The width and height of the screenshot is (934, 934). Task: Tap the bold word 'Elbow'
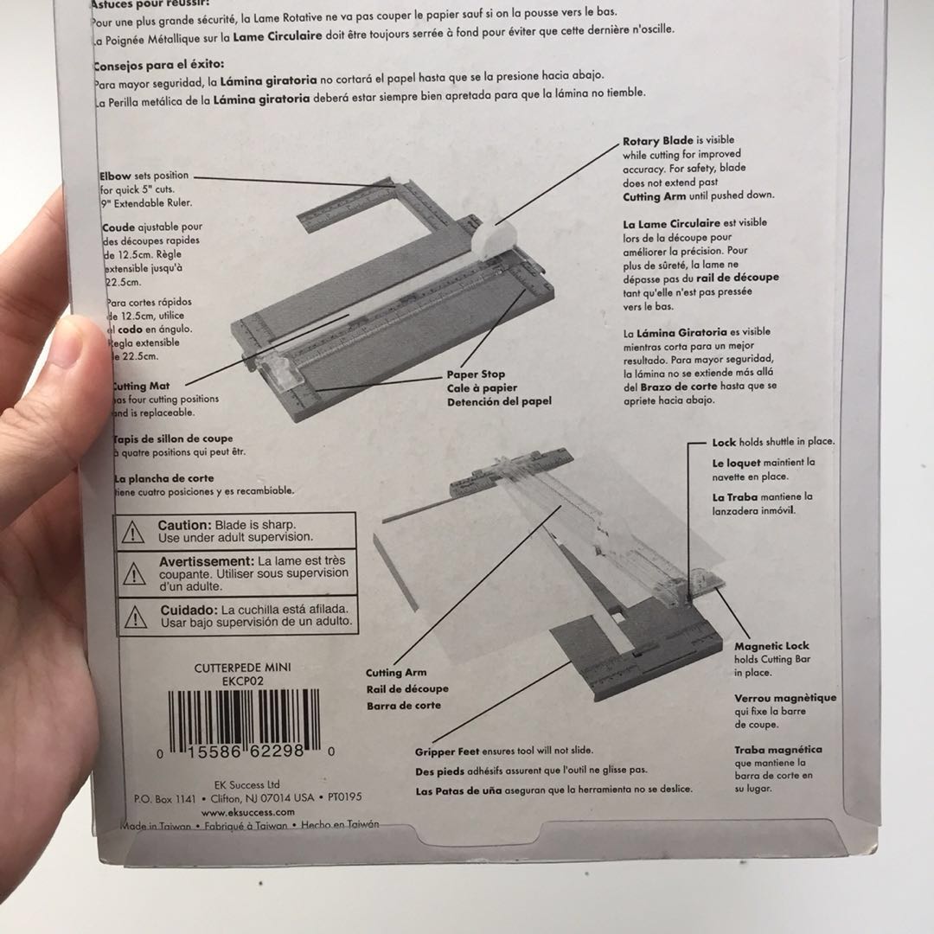[115, 176]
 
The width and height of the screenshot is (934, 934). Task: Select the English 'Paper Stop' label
[475, 374]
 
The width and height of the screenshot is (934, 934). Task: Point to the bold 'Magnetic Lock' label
[771, 646]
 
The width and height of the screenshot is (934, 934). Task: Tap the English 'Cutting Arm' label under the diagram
[396, 673]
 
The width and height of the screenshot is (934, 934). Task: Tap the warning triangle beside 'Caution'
[133, 532]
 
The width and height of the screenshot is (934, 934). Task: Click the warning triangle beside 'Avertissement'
[133, 573]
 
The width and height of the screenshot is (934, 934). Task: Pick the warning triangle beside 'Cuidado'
[133, 615]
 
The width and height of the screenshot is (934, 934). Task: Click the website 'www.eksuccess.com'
[248, 812]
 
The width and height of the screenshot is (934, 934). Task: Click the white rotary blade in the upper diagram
[499, 239]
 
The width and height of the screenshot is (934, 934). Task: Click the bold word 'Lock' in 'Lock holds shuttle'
[724, 442]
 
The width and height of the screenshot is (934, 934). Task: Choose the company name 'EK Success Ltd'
[246, 784]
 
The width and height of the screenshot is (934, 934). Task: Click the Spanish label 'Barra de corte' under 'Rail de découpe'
[403, 706]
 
